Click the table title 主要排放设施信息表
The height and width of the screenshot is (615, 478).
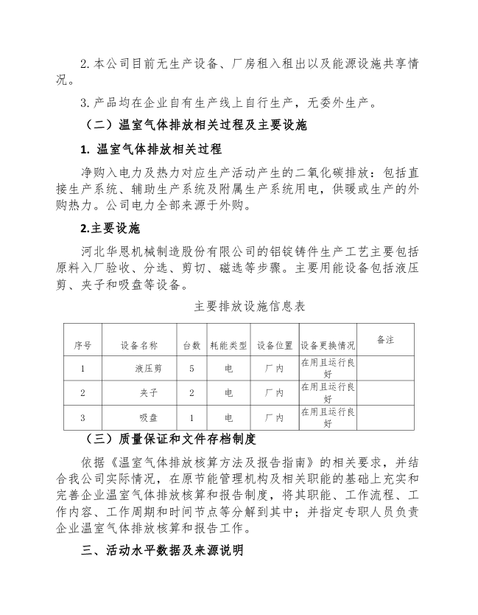tap(239, 305)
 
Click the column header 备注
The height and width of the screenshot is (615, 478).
tap(385, 340)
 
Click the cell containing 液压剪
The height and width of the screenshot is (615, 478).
tap(147, 368)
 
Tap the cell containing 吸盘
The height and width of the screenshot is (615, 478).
tap(147, 418)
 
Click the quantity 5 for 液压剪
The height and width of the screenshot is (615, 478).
tap(191, 368)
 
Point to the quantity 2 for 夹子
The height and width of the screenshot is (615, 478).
tap(191, 393)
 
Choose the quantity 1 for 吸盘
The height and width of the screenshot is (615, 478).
tap(191, 418)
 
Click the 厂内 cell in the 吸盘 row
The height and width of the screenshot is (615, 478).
tap(274, 418)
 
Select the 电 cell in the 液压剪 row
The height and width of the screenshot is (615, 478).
tap(228, 368)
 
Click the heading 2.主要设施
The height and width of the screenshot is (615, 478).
tap(110, 227)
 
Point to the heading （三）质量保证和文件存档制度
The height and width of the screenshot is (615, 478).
tap(171, 439)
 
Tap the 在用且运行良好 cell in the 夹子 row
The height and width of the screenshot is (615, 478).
tap(327, 392)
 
